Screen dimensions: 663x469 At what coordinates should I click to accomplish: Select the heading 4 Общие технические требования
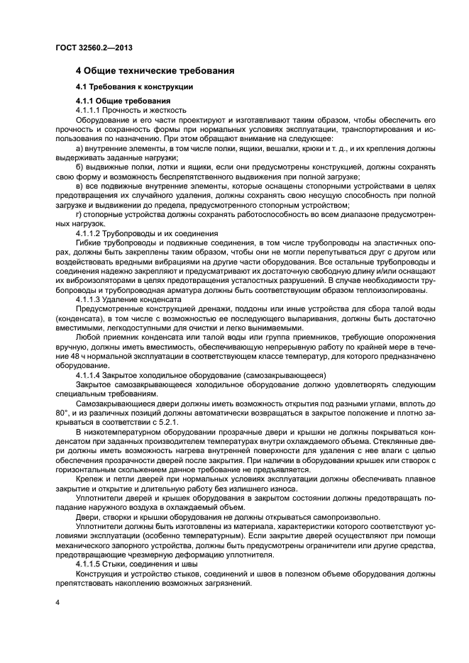(155, 71)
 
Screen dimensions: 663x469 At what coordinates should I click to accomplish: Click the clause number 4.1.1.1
(88, 111)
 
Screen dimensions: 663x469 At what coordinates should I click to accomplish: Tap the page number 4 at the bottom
(57, 601)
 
